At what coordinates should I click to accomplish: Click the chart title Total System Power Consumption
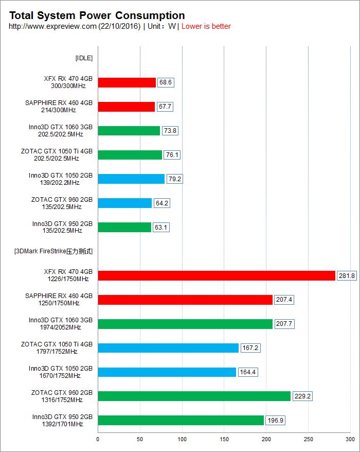(97, 16)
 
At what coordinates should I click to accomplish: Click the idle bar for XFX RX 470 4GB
(127, 82)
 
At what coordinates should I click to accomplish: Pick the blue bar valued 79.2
(131, 179)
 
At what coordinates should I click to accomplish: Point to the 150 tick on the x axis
(224, 439)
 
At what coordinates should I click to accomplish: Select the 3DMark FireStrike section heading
(53, 251)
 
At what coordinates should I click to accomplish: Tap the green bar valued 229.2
(194, 396)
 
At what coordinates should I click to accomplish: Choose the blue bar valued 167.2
(168, 348)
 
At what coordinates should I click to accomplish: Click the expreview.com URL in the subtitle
(52, 26)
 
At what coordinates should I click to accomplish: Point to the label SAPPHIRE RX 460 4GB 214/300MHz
(59, 107)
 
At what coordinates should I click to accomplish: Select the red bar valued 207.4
(185, 300)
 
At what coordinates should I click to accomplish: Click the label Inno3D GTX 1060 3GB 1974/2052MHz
(61, 324)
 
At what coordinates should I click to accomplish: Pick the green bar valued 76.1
(130, 154)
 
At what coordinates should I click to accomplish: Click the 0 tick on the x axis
(98, 439)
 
